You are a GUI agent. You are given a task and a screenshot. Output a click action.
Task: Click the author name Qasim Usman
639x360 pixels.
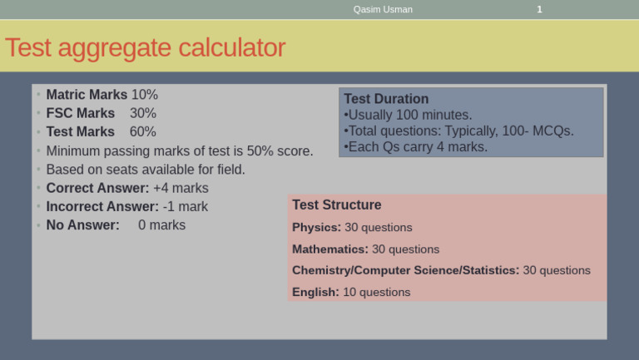coord(383,9)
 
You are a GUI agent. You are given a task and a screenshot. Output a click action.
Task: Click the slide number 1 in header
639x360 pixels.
coord(539,9)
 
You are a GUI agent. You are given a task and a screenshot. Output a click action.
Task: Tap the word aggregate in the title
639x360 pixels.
coord(106,48)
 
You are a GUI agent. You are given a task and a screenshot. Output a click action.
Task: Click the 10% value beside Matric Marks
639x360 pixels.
coord(144,95)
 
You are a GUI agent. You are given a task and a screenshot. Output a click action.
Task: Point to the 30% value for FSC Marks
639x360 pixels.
coord(143,113)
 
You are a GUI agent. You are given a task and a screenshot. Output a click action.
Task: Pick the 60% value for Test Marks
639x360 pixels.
coord(143,131)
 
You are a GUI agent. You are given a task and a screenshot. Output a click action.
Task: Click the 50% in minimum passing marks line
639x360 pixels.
coord(260,150)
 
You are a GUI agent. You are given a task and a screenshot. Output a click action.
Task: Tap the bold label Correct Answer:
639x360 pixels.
coord(97,188)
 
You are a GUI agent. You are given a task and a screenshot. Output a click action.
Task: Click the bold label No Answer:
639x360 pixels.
coord(82,224)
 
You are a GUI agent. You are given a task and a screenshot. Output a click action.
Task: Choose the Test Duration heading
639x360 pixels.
coord(386,99)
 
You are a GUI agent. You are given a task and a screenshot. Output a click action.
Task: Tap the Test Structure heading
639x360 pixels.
coord(337,205)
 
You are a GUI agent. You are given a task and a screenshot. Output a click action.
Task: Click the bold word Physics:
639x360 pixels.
coord(316,227)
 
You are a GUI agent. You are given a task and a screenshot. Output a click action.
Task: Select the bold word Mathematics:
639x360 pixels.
coord(330,249)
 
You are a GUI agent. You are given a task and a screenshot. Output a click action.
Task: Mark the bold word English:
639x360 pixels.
coord(315,292)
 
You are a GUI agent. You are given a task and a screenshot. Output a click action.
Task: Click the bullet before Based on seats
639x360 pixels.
coord(38,170)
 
